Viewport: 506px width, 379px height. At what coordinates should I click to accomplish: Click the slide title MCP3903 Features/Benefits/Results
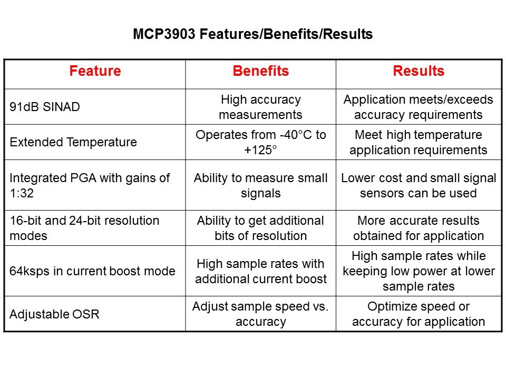pyautogui.click(x=252, y=35)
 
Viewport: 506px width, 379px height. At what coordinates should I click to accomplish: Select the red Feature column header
pyautogui.click(x=95, y=72)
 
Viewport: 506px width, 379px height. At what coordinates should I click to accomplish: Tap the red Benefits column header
pyautogui.click(x=260, y=72)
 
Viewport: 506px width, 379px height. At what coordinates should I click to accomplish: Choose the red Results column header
pyautogui.click(x=419, y=72)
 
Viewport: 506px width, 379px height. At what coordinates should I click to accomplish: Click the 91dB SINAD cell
pyautogui.click(x=44, y=107)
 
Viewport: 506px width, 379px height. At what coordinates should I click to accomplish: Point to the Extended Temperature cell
pyautogui.click(x=73, y=142)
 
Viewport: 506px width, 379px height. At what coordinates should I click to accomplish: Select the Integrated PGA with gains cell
pyautogui.click(x=90, y=185)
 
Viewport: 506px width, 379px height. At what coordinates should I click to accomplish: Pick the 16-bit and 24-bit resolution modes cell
pyautogui.click(x=84, y=228)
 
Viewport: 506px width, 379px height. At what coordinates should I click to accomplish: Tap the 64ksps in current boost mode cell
pyautogui.click(x=92, y=271)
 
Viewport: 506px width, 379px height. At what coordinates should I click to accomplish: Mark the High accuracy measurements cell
pyautogui.click(x=260, y=107)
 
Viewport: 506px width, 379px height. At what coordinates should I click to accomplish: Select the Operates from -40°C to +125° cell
pyautogui.click(x=260, y=142)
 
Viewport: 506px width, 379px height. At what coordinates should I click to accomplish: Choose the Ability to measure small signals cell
pyautogui.click(x=260, y=185)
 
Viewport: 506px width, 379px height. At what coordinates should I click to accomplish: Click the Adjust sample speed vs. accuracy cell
pyautogui.click(x=260, y=314)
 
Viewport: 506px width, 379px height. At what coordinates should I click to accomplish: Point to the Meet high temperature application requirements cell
pyautogui.click(x=419, y=142)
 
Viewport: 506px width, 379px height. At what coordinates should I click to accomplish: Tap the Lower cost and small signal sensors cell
pyautogui.click(x=419, y=185)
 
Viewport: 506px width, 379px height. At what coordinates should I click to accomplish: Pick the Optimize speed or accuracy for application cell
pyautogui.click(x=419, y=314)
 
